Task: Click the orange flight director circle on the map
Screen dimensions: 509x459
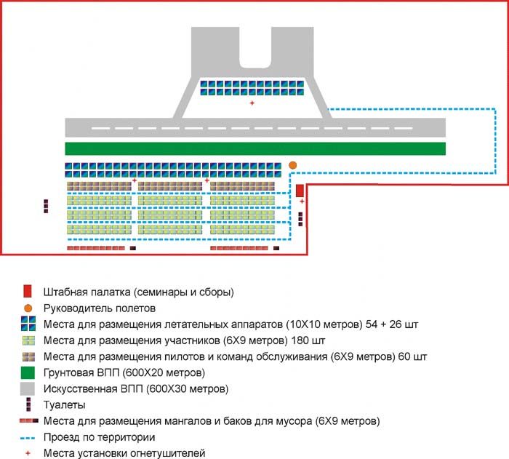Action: click(292, 165)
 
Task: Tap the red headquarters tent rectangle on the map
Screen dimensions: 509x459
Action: click(300, 191)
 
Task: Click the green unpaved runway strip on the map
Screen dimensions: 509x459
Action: click(255, 149)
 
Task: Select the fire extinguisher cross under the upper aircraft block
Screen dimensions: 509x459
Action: click(252, 103)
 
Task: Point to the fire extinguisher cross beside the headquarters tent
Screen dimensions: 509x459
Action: click(302, 201)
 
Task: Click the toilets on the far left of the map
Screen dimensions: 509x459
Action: click(46, 207)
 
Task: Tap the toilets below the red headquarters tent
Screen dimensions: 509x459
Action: click(300, 219)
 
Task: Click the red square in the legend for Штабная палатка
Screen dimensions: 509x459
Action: click(28, 292)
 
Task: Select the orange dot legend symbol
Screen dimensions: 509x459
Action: click(28, 308)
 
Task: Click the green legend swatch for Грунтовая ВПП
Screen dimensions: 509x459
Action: click(28, 372)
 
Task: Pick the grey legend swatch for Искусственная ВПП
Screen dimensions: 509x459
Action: click(28, 389)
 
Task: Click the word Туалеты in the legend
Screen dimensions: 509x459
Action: click(64, 405)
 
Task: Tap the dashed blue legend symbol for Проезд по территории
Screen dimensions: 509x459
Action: click(28, 438)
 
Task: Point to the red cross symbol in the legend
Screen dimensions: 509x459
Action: click(28, 453)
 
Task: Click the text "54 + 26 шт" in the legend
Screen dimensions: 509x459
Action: click(392, 324)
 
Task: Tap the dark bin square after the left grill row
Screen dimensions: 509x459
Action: click(133, 248)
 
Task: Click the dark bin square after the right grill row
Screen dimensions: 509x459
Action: click(276, 248)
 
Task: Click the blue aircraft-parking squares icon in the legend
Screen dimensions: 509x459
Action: click(28, 324)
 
